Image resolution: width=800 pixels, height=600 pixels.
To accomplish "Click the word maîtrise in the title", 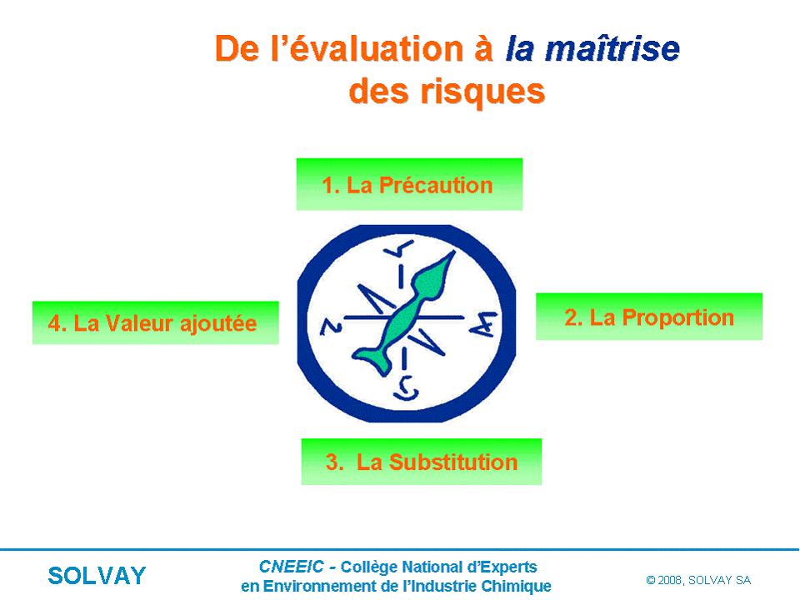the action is (x=612, y=49).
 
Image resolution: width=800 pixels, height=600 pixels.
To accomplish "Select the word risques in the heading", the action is (x=482, y=92).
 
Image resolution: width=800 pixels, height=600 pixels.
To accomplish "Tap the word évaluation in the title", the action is (x=377, y=49).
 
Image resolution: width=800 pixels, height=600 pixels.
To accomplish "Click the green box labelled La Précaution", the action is (x=409, y=184).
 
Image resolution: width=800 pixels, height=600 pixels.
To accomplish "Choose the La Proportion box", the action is (x=649, y=317).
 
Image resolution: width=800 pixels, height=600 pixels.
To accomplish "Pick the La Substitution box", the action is (x=422, y=461).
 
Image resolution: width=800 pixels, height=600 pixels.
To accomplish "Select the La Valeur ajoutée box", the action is (x=156, y=322).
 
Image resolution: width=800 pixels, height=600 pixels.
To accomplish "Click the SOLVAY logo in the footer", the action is (x=97, y=576).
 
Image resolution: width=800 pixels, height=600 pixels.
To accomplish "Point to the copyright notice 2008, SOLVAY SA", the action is (x=698, y=580).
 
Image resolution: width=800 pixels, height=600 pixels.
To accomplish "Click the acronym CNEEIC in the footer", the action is (x=291, y=567).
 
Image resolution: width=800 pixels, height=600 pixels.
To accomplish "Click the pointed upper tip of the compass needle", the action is (x=452, y=252).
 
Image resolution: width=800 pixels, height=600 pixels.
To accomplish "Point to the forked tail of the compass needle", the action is (x=372, y=361).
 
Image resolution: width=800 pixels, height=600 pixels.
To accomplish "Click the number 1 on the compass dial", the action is (x=398, y=249).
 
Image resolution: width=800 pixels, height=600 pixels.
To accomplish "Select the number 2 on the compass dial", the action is (x=330, y=326).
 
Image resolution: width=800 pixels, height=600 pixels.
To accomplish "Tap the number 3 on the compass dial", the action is (x=406, y=389).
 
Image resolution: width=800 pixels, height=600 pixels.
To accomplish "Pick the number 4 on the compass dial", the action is (x=483, y=324).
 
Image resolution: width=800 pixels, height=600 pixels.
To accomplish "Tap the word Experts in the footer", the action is (x=507, y=567).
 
